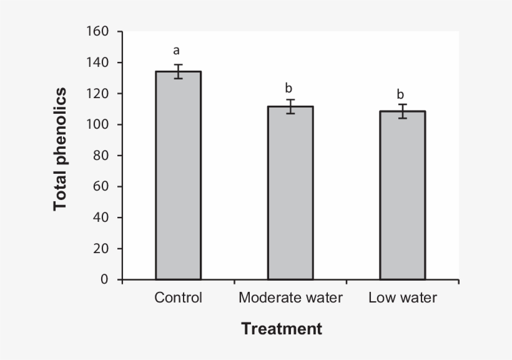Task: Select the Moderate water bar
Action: pyautogui.click(x=290, y=193)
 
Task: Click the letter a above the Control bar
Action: pyautogui.click(x=177, y=51)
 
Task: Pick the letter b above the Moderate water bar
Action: pyautogui.click(x=288, y=88)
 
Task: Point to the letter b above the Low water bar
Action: pyautogui.click(x=401, y=94)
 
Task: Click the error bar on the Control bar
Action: pyautogui.click(x=178, y=71)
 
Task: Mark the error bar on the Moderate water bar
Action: pyautogui.click(x=290, y=106)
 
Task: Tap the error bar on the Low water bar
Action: pyautogui.click(x=403, y=111)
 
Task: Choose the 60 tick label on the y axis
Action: pyautogui.click(x=101, y=186)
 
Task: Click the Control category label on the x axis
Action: pyautogui.click(x=178, y=298)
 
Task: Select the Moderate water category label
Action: pyautogui.click(x=290, y=298)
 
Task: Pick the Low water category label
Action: pyautogui.click(x=403, y=298)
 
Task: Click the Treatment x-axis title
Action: pyautogui.click(x=282, y=329)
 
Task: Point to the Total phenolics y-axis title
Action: pyautogui.click(x=60, y=149)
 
